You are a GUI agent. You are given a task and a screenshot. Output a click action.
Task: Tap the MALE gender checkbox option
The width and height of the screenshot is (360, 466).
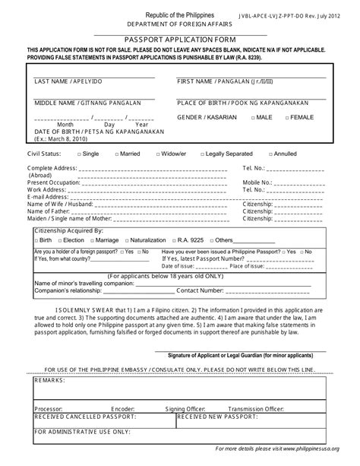pyautogui.click(x=261, y=118)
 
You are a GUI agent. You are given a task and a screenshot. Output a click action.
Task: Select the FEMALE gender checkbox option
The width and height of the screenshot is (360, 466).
pyautogui.click(x=298, y=118)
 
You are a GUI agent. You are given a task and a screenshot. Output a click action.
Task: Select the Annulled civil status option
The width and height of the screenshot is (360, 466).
pyautogui.click(x=283, y=154)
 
